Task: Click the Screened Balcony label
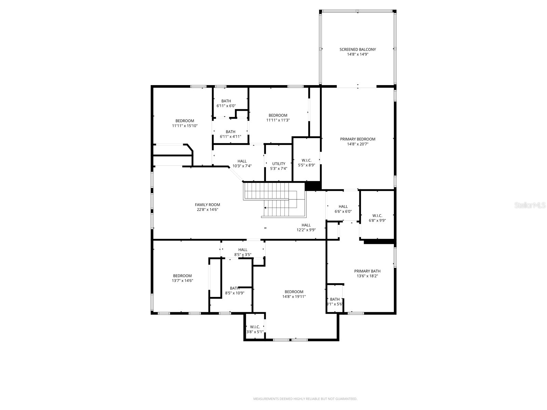[358, 52]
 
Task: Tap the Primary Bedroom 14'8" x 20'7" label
[358, 141]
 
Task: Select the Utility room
[279, 166]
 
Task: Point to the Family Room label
[208, 207]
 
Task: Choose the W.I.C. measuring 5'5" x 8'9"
[307, 163]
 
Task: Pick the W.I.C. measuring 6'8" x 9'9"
[377, 218]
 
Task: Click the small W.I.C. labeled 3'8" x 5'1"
[255, 329]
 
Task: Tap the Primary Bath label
[367, 273]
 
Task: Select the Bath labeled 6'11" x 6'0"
[226, 103]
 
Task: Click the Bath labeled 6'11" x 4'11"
[230, 134]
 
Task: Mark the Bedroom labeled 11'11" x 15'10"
[185, 123]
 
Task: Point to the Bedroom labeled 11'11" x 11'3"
[278, 118]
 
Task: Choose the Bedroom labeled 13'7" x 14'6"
[182, 278]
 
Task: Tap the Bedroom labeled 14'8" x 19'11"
[294, 294]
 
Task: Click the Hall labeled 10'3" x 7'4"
[242, 163]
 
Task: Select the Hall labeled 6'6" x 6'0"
[343, 209]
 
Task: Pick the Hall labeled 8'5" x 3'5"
[243, 252]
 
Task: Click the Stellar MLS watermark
[530, 205]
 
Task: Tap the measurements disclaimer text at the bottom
[305, 399]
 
